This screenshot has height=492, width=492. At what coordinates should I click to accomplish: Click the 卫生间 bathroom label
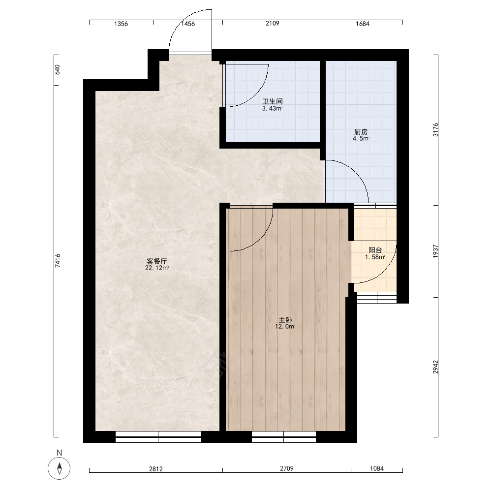click(x=273, y=101)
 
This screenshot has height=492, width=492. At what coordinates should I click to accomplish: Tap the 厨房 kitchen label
click(x=361, y=132)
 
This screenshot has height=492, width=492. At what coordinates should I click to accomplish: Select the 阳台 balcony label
click(x=375, y=250)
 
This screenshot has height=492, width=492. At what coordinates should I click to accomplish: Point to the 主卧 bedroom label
click(x=285, y=320)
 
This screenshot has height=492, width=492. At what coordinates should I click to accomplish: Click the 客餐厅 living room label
click(x=157, y=261)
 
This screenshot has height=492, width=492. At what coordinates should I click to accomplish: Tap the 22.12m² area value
click(x=157, y=268)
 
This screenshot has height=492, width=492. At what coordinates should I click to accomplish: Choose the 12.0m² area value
click(x=285, y=327)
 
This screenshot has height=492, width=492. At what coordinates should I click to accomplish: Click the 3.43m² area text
click(x=273, y=109)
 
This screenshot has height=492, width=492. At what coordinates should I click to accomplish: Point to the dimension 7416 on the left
click(x=58, y=260)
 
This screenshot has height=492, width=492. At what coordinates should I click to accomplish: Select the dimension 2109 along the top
click(x=273, y=24)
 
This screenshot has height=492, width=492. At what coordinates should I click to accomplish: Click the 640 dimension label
click(x=58, y=70)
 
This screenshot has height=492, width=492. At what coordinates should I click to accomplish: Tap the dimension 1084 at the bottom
click(x=377, y=468)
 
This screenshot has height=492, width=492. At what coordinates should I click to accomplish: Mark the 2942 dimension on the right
click(x=435, y=367)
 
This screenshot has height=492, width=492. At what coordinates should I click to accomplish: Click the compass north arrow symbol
click(x=60, y=468)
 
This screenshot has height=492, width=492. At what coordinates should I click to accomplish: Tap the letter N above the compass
click(x=60, y=453)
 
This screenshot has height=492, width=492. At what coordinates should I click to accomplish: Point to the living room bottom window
click(x=158, y=437)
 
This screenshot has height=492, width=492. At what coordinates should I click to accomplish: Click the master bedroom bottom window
click(x=284, y=437)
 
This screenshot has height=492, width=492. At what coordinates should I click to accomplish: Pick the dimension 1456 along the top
click(x=188, y=24)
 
